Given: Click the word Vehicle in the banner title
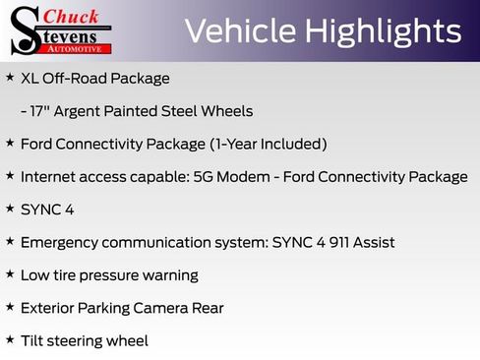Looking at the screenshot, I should pos(239,31).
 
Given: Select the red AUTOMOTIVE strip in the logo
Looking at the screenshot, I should pos(78,48).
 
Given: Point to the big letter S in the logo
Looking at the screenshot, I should pos(24,30).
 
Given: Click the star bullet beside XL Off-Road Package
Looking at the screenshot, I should pos(10,77).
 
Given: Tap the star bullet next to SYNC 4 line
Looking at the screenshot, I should pos(10,209).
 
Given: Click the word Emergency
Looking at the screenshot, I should pos(60,242).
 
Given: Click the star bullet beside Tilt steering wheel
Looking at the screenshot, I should pos(10,339).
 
